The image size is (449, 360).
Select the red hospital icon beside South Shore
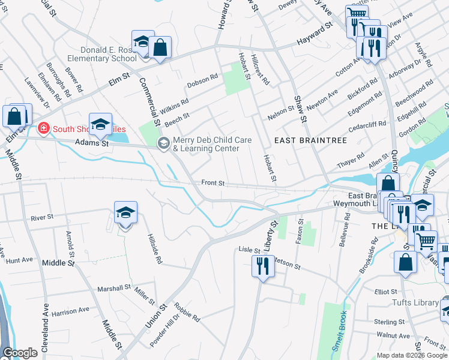tap(43, 128)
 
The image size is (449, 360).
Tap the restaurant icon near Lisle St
tap(262, 265)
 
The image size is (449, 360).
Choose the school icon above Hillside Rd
tap(125, 213)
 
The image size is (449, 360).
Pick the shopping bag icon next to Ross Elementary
tap(160, 48)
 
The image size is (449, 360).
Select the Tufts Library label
tap(415, 302)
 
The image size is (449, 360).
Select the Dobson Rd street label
tap(202, 79)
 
